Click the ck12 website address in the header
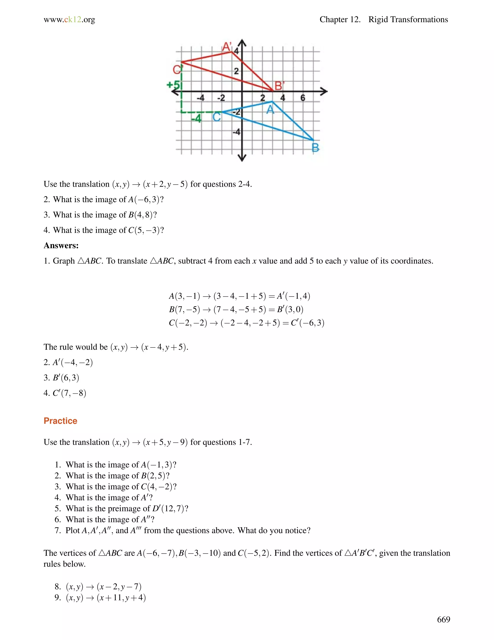(x=69, y=20)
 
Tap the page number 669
(x=443, y=619)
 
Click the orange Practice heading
(x=60, y=420)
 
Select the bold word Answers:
(x=61, y=245)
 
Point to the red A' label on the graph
(x=227, y=46)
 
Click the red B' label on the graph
(x=279, y=86)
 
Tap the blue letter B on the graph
(x=315, y=147)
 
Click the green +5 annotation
(x=173, y=85)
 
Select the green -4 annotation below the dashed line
(x=196, y=119)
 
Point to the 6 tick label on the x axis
(x=303, y=98)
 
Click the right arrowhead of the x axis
(x=324, y=92)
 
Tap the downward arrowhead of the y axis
(x=242, y=158)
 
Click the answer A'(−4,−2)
(x=73, y=362)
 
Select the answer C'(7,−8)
(x=69, y=393)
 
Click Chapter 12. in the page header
(x=340, y=20)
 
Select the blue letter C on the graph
(x=217, y=117)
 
